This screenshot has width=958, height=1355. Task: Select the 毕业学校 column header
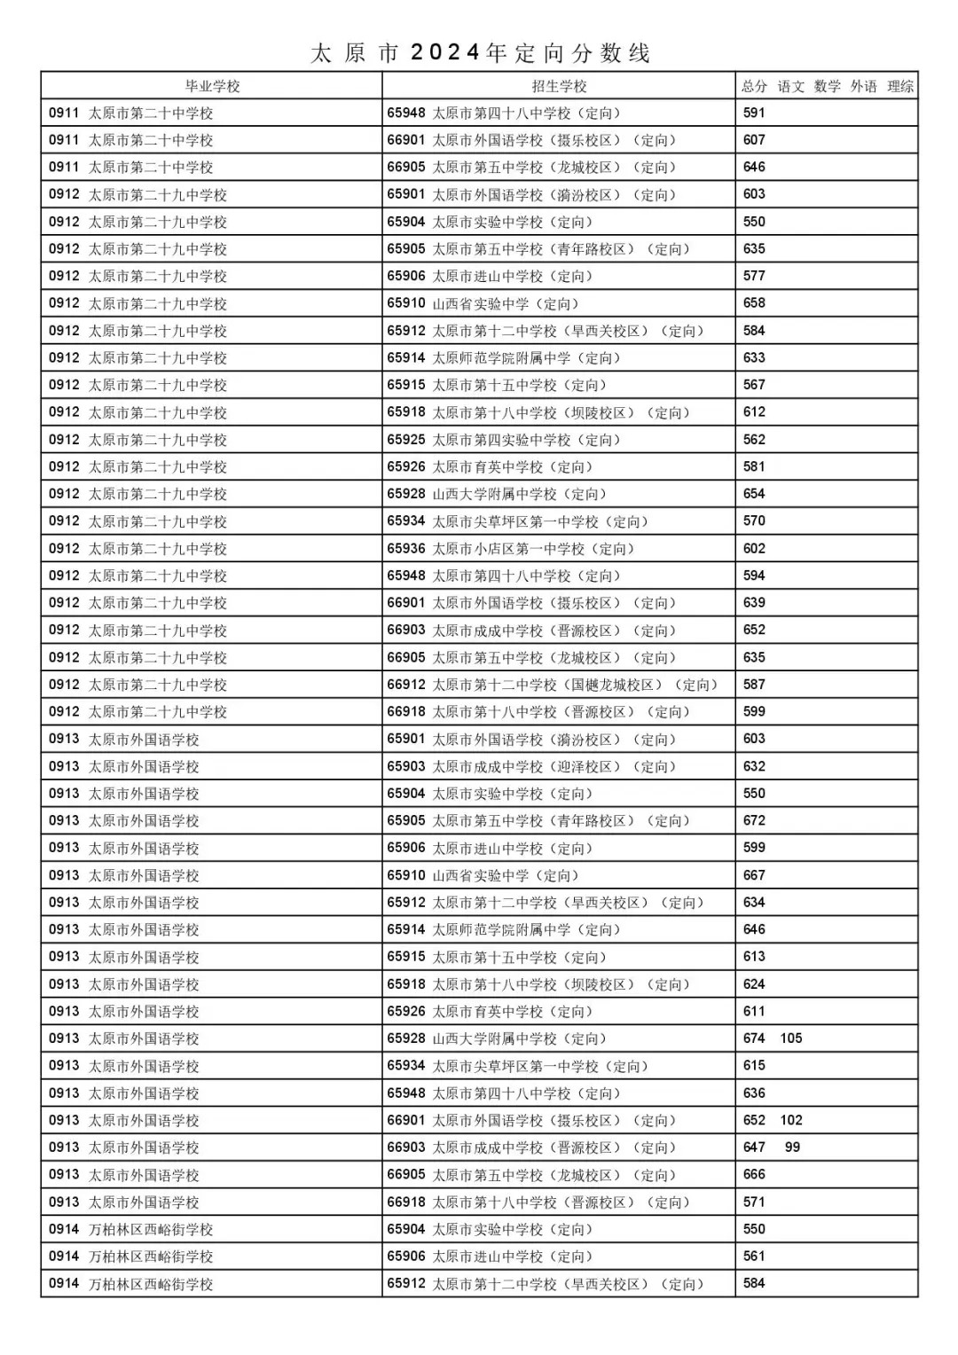tap(212, 86)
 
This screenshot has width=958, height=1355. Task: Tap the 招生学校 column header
tap(559, 86)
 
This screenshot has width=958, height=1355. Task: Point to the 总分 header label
tap(754, 86)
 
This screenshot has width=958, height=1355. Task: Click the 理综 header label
tap(900, 86)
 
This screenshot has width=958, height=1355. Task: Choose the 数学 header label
tap(827, 86)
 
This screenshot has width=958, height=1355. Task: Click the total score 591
tap(754, 113)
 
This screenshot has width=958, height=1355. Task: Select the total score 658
tap(754, 303)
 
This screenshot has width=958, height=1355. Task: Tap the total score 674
tap(754, 1038)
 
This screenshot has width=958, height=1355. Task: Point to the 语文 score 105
tap(791, 1038)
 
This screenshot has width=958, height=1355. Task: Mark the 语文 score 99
tap(792, 1147)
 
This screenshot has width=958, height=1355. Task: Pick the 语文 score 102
tap(791, 1120)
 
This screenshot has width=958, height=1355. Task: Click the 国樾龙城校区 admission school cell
tap(552, 685)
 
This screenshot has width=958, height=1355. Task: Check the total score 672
tap(754, 820)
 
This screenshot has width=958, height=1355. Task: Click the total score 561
tap(754, 1256)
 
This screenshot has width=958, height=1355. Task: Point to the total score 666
tap(754, 1174)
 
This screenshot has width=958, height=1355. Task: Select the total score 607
tap(754, 140)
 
